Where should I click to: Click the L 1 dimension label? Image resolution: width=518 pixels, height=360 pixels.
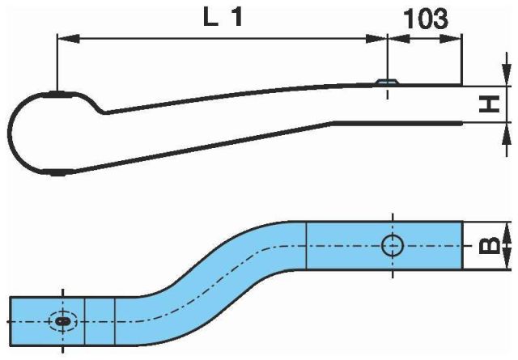tap(223, 17)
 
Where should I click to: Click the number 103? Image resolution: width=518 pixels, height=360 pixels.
tap(426, 19)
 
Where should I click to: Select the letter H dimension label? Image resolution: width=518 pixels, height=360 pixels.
tap(489, 104)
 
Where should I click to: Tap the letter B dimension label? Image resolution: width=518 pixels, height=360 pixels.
tap(489, 246)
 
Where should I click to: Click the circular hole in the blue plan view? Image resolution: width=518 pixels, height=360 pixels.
tap(393, 246)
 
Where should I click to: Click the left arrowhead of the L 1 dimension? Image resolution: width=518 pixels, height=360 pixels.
tap(68, 38)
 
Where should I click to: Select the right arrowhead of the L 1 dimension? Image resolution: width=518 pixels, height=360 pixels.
tap(376, 38)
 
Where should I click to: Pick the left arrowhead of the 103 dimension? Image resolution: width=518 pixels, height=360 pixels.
tap(399, 38)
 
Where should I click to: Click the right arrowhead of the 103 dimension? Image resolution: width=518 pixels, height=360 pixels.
tap(450, 38)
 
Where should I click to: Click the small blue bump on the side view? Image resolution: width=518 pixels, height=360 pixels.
tap(388, 82)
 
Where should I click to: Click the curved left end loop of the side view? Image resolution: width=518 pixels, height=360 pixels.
tap(23, 133)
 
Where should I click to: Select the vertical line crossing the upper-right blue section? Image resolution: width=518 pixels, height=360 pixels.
tap(306, 246)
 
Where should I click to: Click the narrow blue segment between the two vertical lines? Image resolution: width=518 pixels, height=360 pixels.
tap(100, 321)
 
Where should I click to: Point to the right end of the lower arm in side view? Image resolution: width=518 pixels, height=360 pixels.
tap(461, 124)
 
